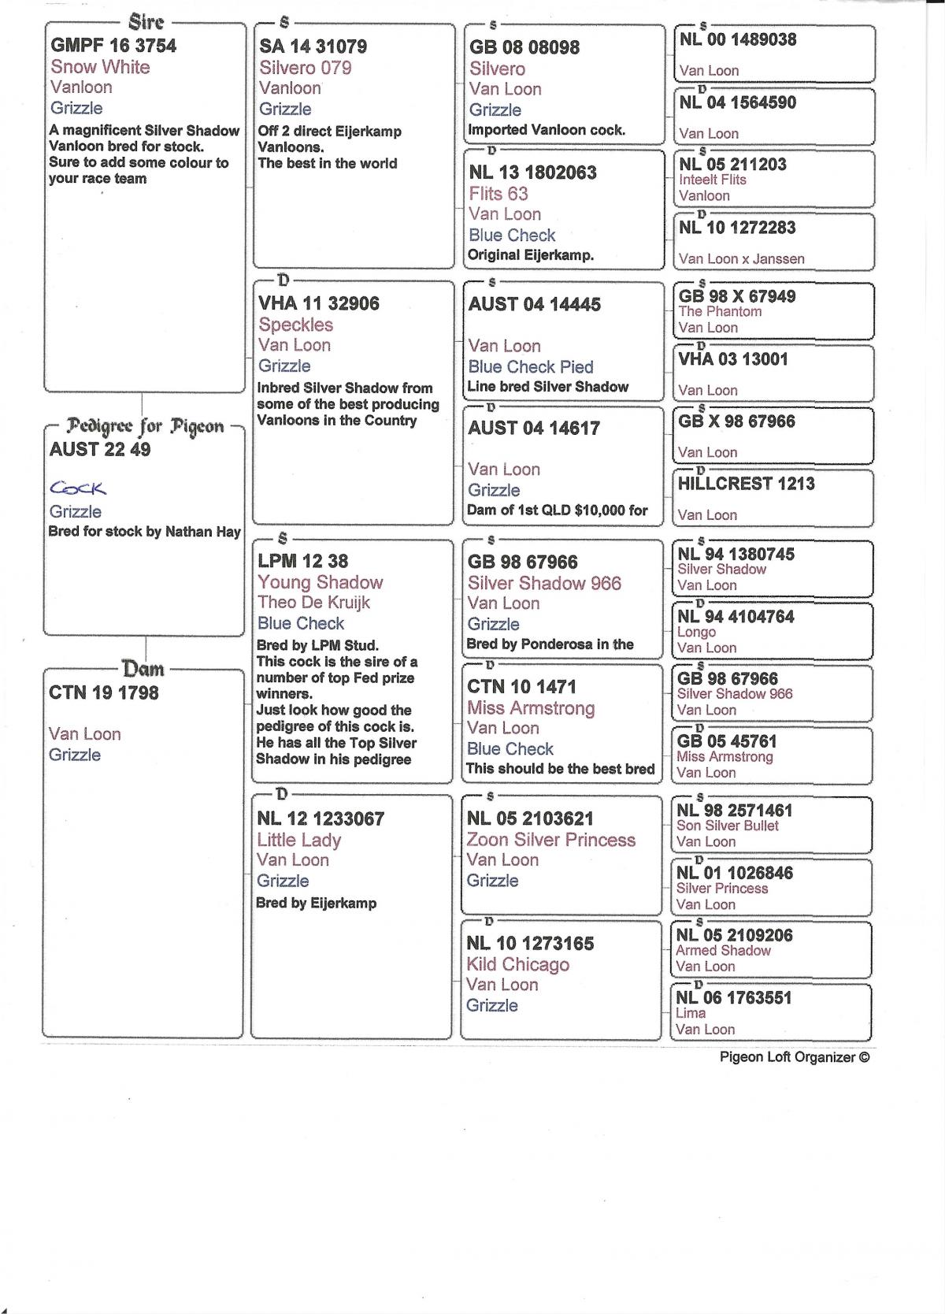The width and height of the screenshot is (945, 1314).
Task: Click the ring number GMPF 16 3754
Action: (113, 46)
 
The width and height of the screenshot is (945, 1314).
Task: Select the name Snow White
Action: (100, 67)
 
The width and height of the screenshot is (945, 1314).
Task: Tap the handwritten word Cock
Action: (78, 488)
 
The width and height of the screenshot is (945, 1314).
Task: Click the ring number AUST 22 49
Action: (100, 450)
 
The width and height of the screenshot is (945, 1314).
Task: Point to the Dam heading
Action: (143, 670)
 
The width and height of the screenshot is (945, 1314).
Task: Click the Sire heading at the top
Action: (146, 22)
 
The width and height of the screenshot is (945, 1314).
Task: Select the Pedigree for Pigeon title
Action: (146, 427)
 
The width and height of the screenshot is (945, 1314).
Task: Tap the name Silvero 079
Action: (306, 68)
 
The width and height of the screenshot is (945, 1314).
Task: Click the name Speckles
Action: (296, 325)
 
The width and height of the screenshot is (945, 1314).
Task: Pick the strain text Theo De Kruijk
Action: (313, 603)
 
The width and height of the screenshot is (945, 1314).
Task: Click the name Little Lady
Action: (299, 840)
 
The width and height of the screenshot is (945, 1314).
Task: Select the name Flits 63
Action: (498, 194)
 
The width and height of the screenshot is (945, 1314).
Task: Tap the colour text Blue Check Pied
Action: (531, 366)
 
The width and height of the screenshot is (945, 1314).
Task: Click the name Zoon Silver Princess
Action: (550, 840)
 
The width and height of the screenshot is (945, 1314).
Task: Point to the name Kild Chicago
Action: (517, 964)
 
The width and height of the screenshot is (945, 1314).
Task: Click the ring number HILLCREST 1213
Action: (747, 484)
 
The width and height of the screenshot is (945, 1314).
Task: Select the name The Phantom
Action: (720, 312)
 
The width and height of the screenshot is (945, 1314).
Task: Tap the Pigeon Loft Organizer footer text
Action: (795, 1057)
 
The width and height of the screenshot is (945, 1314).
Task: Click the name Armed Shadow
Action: (723, 951)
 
